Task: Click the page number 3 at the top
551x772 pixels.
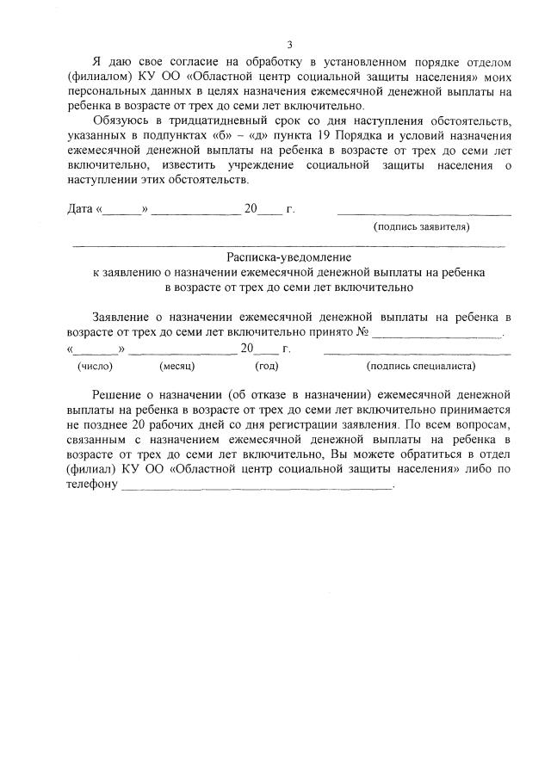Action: point(290,45)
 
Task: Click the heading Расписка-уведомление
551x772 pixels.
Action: point(289,256)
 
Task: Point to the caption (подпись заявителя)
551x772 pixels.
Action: point(421,227)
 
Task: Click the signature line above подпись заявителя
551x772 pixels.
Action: point(424,212)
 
